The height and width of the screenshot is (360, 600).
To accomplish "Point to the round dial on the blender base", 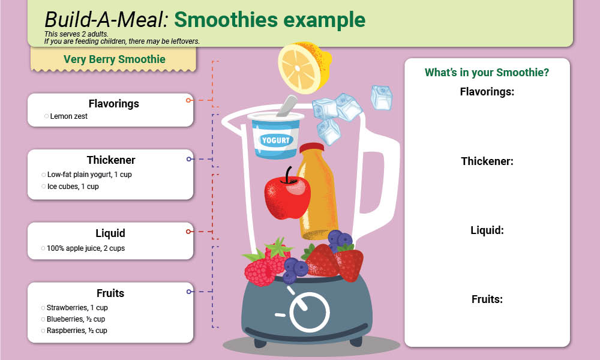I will point(310,313).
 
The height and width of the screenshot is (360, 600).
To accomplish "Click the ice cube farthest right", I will point(382,97).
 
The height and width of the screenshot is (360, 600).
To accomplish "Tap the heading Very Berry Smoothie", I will point(114,59).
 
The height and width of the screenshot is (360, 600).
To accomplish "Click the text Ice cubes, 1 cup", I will point(73,187).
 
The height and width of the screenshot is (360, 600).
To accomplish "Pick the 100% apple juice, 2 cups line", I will point(85,248).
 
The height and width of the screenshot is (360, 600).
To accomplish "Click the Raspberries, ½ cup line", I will point(77,331).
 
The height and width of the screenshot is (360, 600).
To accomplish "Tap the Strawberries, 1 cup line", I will point(77,308).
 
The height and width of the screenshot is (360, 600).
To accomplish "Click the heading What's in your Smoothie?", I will point(487,73).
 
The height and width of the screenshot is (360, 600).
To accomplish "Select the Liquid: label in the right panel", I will point(487,230).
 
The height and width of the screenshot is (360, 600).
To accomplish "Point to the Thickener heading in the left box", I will point(111,160).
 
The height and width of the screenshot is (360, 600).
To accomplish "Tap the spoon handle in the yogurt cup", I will point(287,106).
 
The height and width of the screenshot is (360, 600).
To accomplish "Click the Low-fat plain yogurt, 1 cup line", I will point(89,175).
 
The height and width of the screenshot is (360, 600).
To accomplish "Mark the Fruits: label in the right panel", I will point(487,299).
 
